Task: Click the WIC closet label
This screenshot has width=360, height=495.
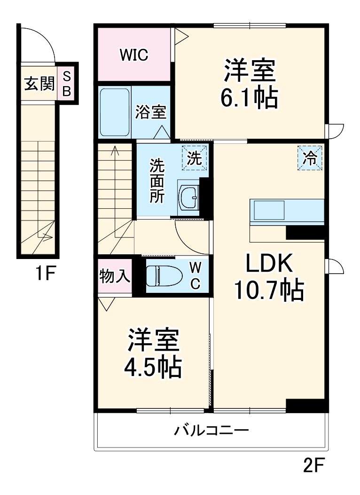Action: [x=134, y=55]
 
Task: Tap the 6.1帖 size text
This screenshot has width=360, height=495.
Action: [x=249, y=98]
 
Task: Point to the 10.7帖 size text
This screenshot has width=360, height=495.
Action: [x=269, y=291]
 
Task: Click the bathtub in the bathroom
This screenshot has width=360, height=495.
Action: [x=115, y=112]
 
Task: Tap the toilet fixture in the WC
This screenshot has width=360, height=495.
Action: [x=162, y=276]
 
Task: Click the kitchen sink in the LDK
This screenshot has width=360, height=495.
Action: [x=269, y=210]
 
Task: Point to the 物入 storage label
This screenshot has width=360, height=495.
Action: [x=115, y=276]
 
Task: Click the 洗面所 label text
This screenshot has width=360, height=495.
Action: [x=157, y=181]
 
